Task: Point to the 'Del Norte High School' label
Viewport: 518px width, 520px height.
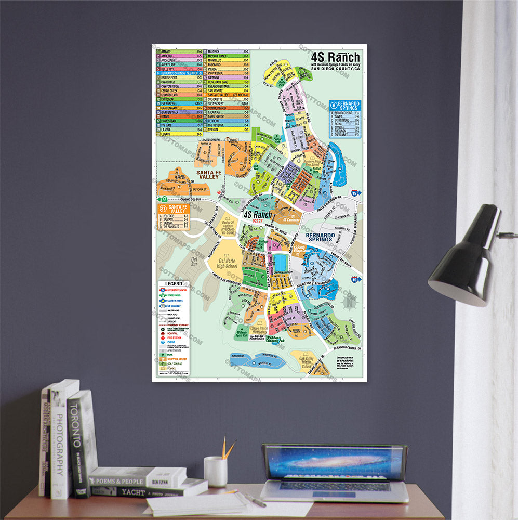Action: (x=228, y=263)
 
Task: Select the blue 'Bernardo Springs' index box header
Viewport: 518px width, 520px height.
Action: (x=345, y=106)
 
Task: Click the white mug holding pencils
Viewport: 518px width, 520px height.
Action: (x=215, y=471)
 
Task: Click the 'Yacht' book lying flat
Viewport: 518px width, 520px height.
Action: (x=148, y=491)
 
